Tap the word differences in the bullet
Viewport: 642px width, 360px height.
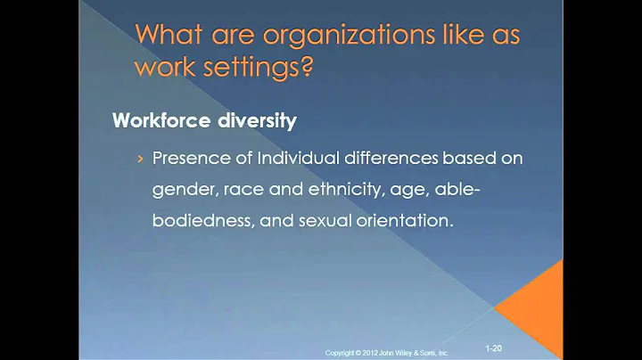378,160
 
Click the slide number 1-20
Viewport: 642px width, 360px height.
494,346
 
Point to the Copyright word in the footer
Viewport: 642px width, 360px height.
342,354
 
